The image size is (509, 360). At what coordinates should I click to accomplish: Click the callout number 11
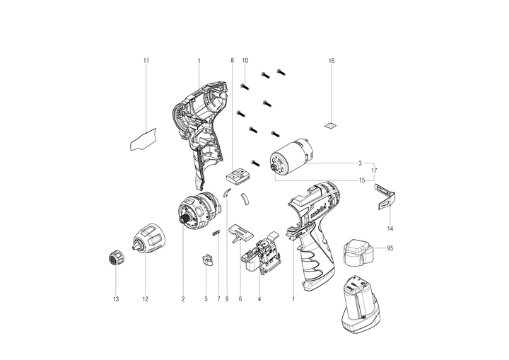point(146,61)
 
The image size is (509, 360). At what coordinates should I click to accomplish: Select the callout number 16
point(331,61)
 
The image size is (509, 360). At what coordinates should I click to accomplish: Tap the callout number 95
point(390,248)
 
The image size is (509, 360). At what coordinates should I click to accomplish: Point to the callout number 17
point(374,170)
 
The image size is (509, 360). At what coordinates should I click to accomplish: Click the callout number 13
point(116,299)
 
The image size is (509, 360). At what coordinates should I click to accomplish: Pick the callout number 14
point(390,228)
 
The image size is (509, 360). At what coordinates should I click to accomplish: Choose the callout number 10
point(245,61)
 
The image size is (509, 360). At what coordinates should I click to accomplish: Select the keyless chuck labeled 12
point(148,238)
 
